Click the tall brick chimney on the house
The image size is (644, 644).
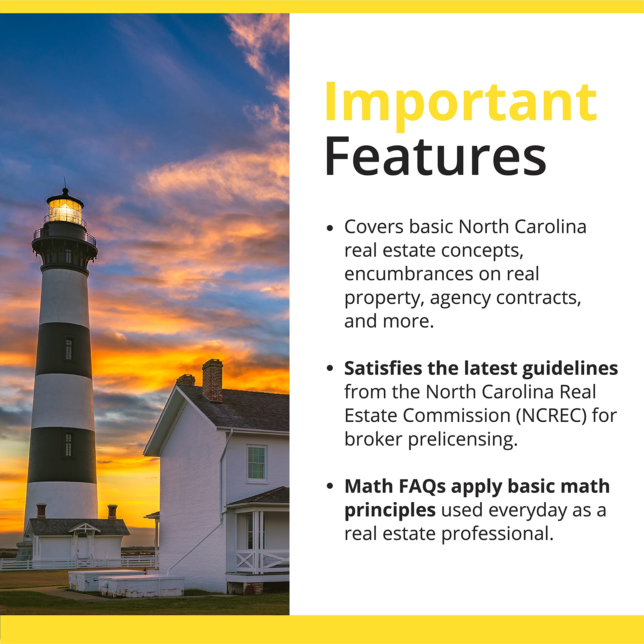[212, 380]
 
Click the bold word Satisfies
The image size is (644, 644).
[383, 368]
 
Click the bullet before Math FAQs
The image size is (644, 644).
[330, 486]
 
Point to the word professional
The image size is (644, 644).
[497, 534]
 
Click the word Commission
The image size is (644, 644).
[456, 416]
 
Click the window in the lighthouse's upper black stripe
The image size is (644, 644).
[69, 349]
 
